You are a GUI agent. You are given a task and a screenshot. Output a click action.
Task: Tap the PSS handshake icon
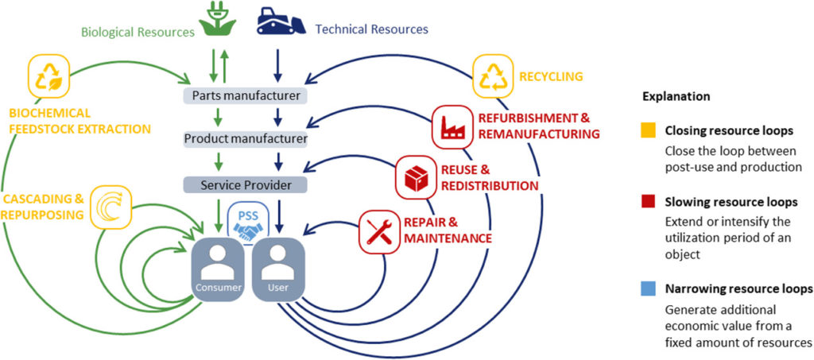tap(248, 223)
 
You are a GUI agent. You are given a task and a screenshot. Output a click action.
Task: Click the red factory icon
tap(452, 127)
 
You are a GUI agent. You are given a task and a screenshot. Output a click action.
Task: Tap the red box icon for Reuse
tap(416, 176)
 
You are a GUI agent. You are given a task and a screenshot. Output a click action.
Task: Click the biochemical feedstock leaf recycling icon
tap(49, 75)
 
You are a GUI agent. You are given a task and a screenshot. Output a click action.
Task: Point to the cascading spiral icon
tap(110, 207)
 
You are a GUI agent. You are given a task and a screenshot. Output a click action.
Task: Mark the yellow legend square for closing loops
tap(649, 130)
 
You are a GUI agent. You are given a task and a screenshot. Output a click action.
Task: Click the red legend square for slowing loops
tap(649, 201)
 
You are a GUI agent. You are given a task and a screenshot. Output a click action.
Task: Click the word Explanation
tap(676, 96)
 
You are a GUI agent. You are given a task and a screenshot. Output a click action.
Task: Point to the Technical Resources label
tap(372, 29)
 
